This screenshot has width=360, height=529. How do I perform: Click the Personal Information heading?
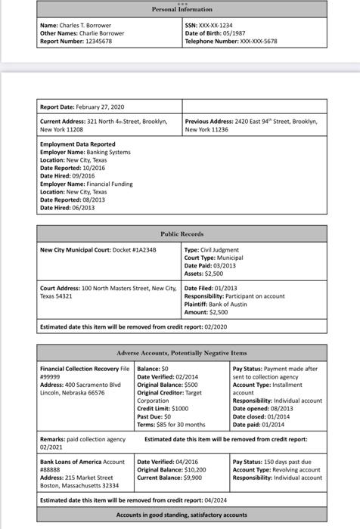pyautogui.click(x=180, y=10)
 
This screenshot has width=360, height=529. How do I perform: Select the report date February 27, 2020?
pyautogui.click(x=102, y=107)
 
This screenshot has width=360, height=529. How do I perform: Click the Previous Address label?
pyautogui.click(x=207, y=121)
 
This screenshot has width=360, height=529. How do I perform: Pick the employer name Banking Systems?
pyautogui.click(x=107, y=152)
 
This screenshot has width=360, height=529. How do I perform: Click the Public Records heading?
pyautogui.click(x=182, y=234)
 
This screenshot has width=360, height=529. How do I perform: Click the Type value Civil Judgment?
pyautogui.click(x=220, y=249)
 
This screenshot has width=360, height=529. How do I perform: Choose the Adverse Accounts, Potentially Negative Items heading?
pyautogui.click(x=182, y=354)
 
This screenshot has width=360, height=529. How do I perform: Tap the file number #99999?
pyautogui.click(x=50, y=375)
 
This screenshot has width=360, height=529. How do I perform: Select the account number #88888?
pyautogui.click(x=50, y=469)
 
